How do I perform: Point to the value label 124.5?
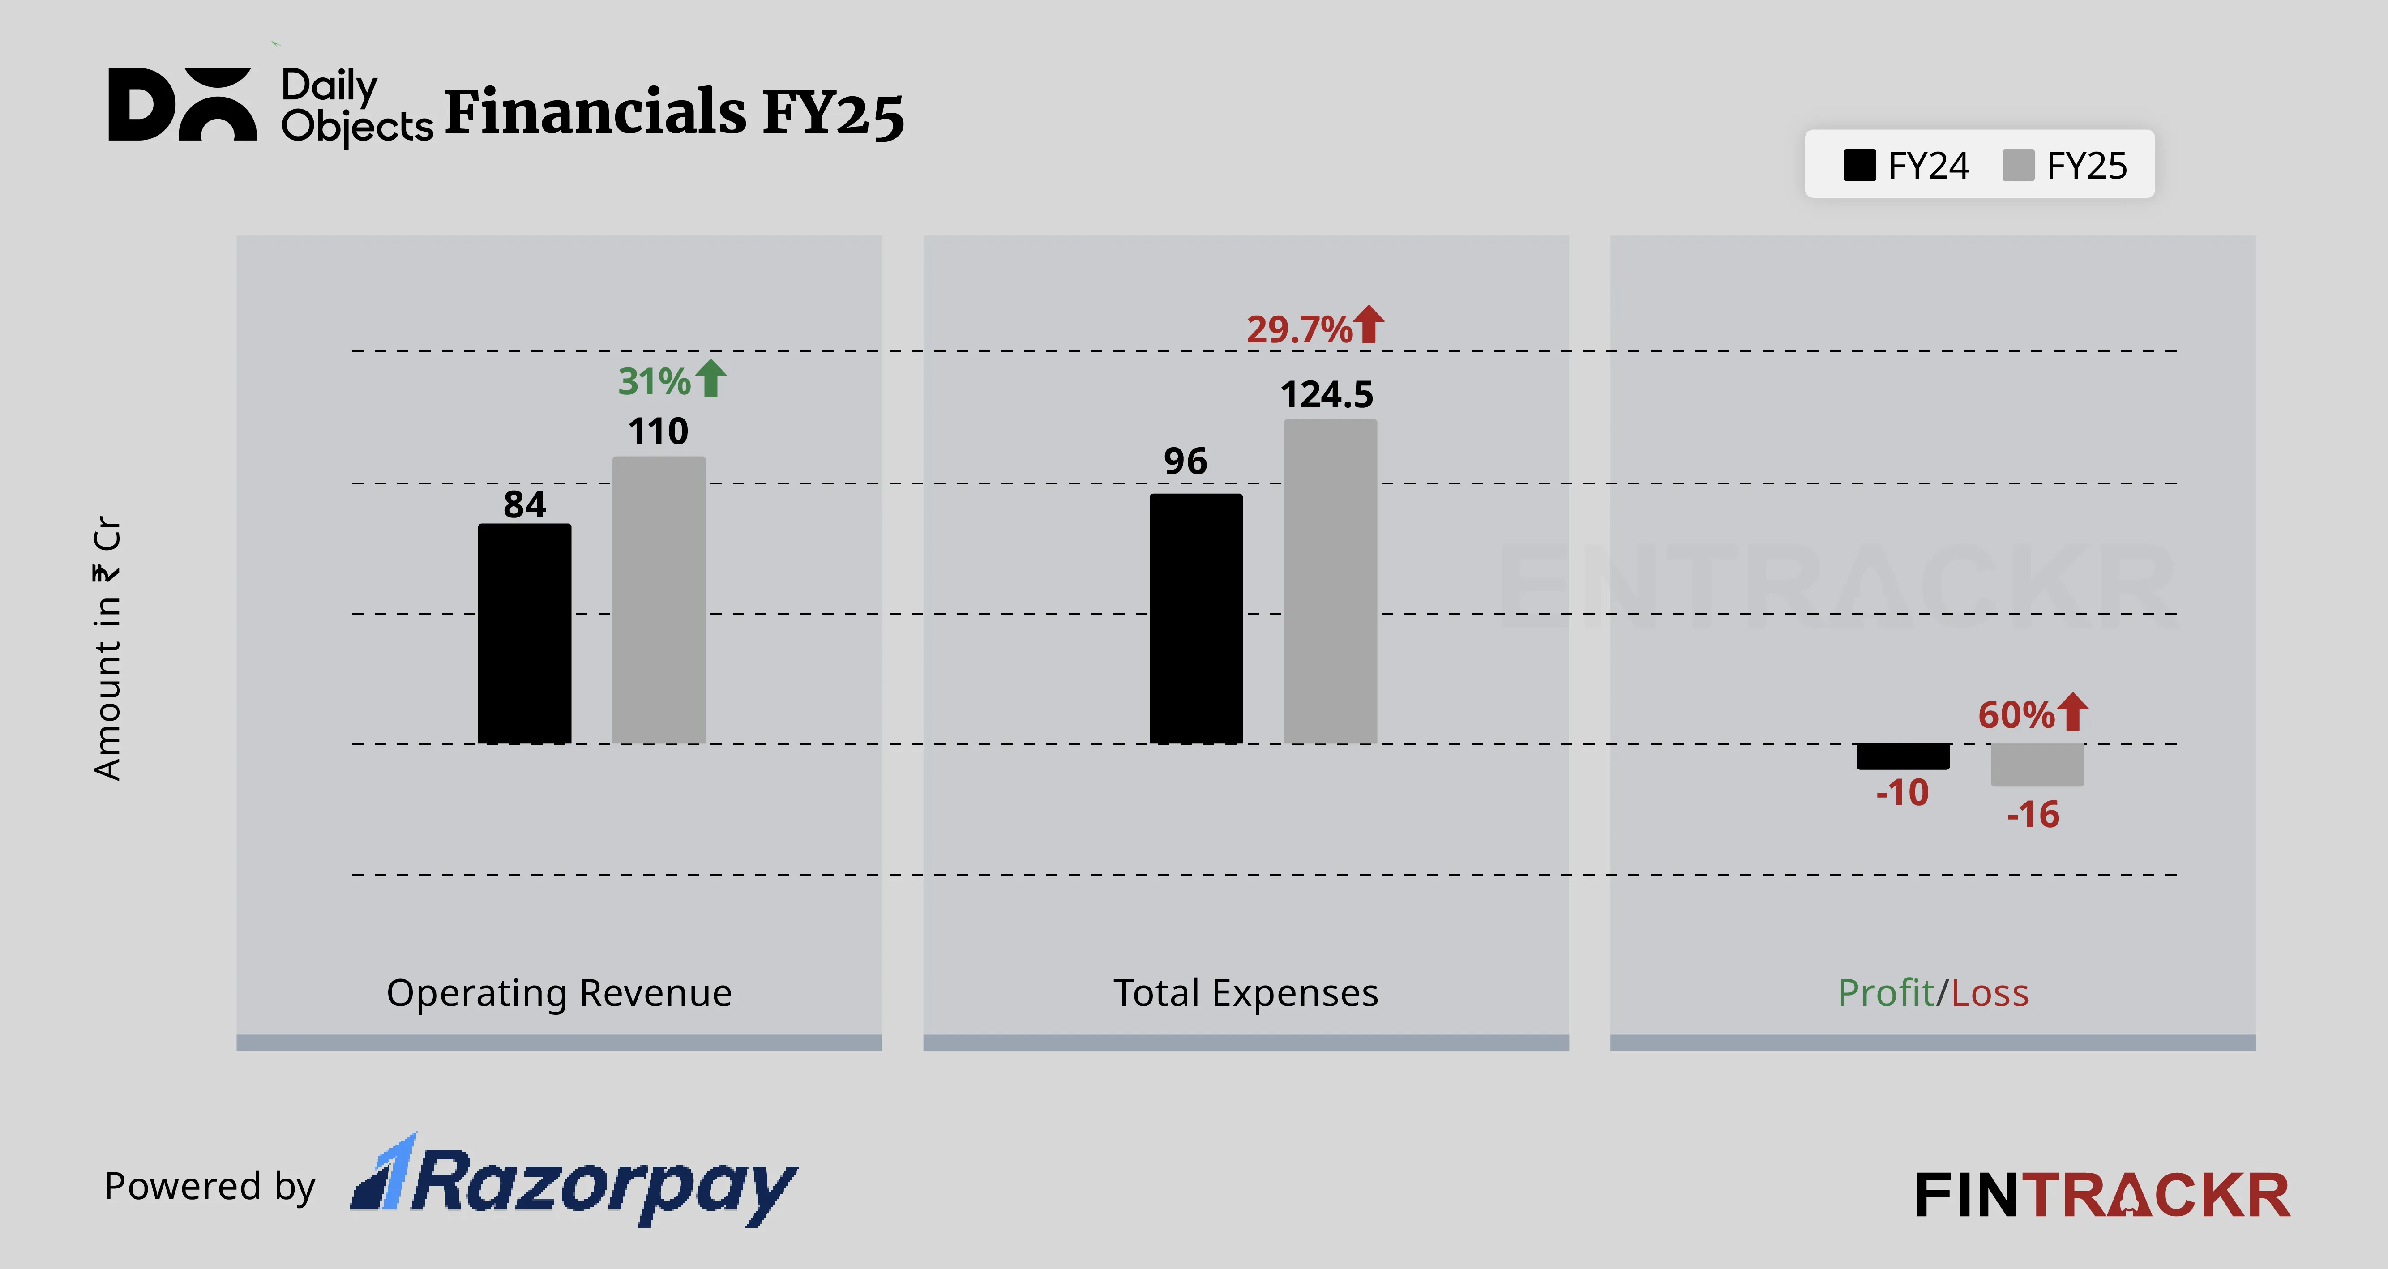[1327, 395]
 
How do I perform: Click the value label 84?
[525, 504]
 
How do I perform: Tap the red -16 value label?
[2033, 815]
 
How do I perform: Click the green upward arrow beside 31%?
[711, 378]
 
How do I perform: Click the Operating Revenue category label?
[559, 993]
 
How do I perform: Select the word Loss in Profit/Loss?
[1990, 993]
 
